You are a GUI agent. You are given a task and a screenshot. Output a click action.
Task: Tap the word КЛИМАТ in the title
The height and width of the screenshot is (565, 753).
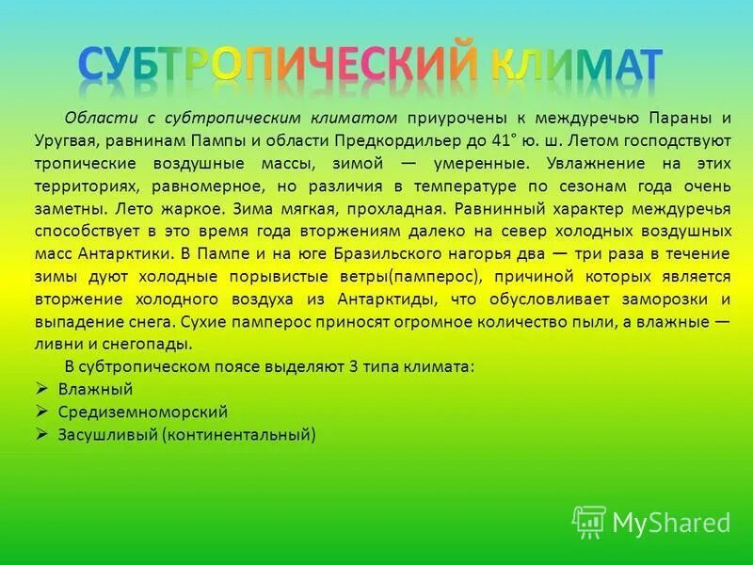click(576, 64)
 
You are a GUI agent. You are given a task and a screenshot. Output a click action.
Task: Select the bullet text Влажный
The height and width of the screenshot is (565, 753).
click(95, 389)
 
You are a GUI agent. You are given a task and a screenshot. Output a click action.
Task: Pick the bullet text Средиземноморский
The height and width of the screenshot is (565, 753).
click(143, 412)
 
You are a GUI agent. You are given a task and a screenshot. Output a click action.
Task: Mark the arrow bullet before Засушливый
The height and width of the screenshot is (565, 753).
click(41, 434)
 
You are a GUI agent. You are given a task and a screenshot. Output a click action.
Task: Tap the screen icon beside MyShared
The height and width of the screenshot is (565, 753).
click(589, 522)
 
